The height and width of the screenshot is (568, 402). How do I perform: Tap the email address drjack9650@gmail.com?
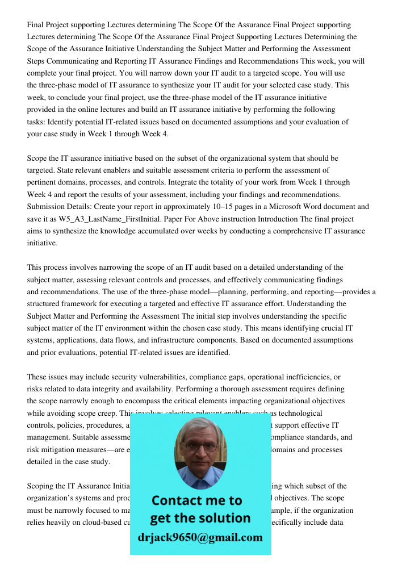[200, 537]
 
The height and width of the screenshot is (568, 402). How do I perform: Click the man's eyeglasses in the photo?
[199, 446]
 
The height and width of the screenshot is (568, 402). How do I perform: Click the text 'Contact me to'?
[196, 500]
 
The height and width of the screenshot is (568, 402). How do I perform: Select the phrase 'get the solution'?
[200, 518]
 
